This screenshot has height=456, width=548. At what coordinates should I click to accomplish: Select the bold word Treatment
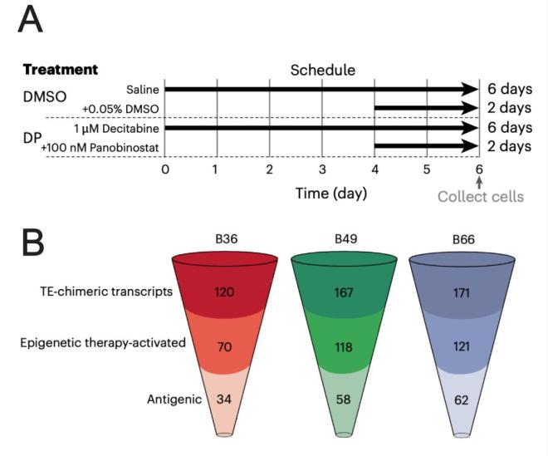[x=61, y=70]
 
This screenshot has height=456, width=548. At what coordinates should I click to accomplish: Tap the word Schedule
[x=322, y=70]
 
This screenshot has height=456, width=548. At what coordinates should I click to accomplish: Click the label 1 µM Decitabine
[x=116, y=128]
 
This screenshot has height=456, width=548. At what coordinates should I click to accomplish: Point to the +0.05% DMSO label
[x=120, y=108]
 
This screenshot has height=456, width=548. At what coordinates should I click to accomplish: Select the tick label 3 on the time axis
[x=322, y=169]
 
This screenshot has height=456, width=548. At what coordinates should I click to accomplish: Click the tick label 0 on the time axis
[x=165, y=169]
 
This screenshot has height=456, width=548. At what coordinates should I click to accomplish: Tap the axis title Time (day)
[x=331, y=194]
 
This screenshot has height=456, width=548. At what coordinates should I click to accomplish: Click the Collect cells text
[x=480, y=197]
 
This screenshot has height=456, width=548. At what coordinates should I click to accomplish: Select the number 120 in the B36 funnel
[x=225, y=292]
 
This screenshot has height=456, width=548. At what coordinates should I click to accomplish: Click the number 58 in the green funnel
[x=344, y=400]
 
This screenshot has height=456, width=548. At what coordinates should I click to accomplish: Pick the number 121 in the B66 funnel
[x=463, y=346]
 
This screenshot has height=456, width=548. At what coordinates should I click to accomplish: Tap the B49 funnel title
[x=345, y=239]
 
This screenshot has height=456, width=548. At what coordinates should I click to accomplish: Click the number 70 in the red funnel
[x=225, y=346]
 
